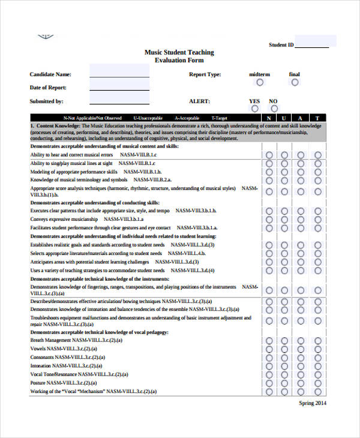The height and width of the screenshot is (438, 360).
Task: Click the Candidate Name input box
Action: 119,71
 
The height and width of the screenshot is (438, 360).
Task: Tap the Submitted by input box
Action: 119,98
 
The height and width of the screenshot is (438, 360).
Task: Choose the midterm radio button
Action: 260,82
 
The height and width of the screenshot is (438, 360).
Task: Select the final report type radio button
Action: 294,82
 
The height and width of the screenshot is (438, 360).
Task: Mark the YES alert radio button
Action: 255,109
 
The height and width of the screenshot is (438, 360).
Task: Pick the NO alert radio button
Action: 273,109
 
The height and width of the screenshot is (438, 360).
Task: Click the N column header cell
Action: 269,118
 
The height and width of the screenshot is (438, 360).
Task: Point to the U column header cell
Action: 284,118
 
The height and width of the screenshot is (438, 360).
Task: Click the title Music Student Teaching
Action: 179,52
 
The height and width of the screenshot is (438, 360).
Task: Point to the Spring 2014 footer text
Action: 313,403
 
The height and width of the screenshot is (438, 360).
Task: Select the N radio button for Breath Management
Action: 269,340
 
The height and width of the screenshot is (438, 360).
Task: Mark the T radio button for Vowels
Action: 318,349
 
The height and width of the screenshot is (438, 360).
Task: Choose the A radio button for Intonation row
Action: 301,365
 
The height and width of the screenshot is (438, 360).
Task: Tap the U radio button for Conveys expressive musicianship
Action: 284,220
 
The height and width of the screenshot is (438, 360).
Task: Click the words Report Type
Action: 205,74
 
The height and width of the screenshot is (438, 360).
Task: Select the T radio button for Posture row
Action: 318,383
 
